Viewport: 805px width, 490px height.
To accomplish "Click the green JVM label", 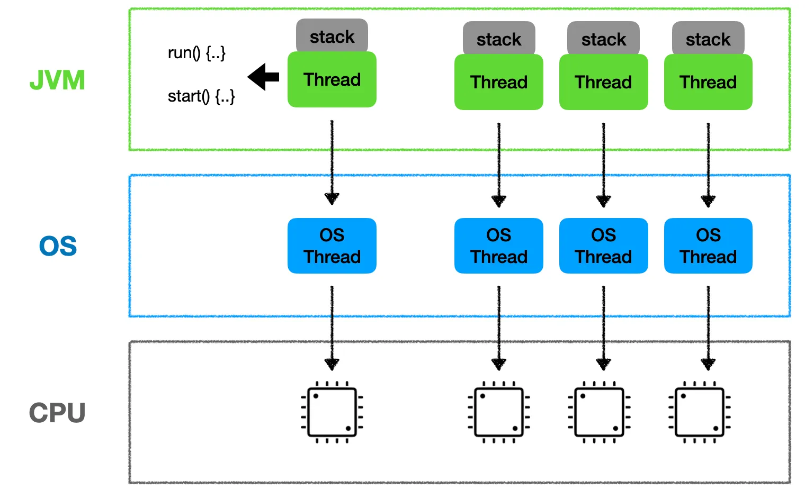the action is point(57,80).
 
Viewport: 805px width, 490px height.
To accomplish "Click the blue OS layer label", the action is point(58,246).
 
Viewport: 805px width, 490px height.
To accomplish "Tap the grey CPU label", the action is point(57,412).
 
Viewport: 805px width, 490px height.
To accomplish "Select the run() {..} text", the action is point(196,53).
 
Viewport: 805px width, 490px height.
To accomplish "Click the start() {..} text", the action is point(201,96).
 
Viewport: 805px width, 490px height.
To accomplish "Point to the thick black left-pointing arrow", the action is point(263,77).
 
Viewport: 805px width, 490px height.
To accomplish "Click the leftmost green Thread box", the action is point(332,79).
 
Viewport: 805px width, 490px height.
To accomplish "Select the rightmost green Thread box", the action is point(708,82).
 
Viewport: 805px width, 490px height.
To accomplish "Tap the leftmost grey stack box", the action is point(332,35).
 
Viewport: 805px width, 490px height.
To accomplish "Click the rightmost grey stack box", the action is point(708,39).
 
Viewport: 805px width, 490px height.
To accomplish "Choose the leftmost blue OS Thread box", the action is point(332,246).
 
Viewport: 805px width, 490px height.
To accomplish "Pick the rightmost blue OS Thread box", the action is point(708,246).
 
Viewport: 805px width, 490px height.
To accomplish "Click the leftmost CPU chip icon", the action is point(332,412).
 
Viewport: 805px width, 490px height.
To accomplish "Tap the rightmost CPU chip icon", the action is point(699,412).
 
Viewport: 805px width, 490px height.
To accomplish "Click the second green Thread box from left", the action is point(499,82).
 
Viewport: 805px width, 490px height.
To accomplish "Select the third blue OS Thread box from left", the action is point(604,246).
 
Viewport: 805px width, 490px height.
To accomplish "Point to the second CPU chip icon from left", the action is point(499,412).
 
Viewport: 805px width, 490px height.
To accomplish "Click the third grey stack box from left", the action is point(603,39).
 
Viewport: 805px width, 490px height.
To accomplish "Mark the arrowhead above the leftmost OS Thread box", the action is point(332,198).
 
